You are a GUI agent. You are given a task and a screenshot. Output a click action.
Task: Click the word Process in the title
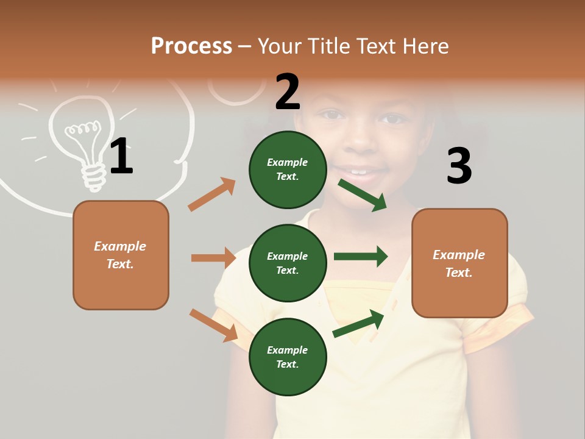click(191, 46)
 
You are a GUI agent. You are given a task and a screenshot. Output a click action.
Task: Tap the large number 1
click(121, 156)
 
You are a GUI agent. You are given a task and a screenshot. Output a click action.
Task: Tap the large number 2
click(288, 92)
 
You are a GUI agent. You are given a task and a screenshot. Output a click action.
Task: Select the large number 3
click(459, 166)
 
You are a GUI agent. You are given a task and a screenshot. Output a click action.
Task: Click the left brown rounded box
click(121, 255)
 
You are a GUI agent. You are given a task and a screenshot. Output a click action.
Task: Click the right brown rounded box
click(459, 263)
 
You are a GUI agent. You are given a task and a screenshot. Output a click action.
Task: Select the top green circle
click(288, 170)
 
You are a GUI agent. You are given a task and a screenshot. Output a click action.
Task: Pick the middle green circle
click(288, 263)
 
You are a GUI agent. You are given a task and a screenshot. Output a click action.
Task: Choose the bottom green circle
click(288, 357)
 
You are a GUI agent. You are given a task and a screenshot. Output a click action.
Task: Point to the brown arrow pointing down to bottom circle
click(213, 325)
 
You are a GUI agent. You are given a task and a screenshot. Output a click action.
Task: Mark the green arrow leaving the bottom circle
click(358, 324)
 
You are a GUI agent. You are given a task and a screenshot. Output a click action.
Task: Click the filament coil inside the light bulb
click(82, 129)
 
